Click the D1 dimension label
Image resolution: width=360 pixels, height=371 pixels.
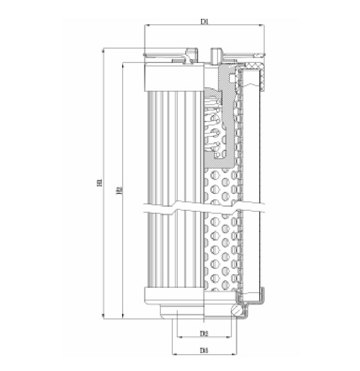click(205, 21)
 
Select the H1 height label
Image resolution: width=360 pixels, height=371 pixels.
click(100, 183)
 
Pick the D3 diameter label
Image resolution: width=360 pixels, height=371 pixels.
click(204, 351)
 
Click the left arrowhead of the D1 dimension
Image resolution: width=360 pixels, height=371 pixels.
click(147, 25)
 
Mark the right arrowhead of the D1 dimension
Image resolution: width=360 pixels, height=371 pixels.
click(262, 25)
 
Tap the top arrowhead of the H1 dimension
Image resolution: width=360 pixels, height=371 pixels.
click(104, 51)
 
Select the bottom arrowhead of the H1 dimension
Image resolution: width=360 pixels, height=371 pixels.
click(104, 316)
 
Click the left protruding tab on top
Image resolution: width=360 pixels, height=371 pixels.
click(190, 55)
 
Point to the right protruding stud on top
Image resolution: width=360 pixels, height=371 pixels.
click(216, 55)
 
